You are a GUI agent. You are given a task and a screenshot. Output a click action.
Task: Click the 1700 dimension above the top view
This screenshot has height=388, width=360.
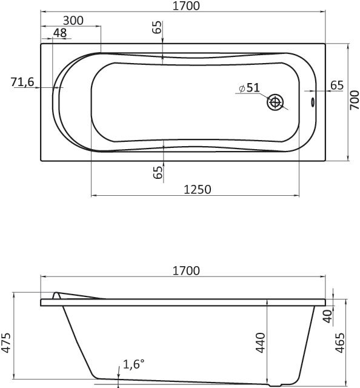(186, 6)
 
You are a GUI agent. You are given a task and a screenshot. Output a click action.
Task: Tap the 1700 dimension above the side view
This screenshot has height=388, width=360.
(186, 271)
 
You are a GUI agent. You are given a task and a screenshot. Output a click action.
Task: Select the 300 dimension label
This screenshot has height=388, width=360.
(73, 21)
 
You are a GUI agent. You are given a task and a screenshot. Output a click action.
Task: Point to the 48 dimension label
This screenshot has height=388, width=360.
(60, 33)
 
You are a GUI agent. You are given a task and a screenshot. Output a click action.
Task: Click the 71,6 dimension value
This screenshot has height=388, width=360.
(22, 82)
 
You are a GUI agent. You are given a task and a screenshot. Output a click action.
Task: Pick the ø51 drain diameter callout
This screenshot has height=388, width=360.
(250, 87)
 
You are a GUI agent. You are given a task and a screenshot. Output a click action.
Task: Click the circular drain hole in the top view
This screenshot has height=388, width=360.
(275, 102)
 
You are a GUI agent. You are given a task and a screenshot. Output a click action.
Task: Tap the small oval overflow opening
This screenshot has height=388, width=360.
(313, 102)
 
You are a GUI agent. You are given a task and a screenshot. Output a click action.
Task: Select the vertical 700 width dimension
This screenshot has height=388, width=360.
(355, 100)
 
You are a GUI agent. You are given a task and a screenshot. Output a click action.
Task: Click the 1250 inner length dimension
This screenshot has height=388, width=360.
(198, 190)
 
